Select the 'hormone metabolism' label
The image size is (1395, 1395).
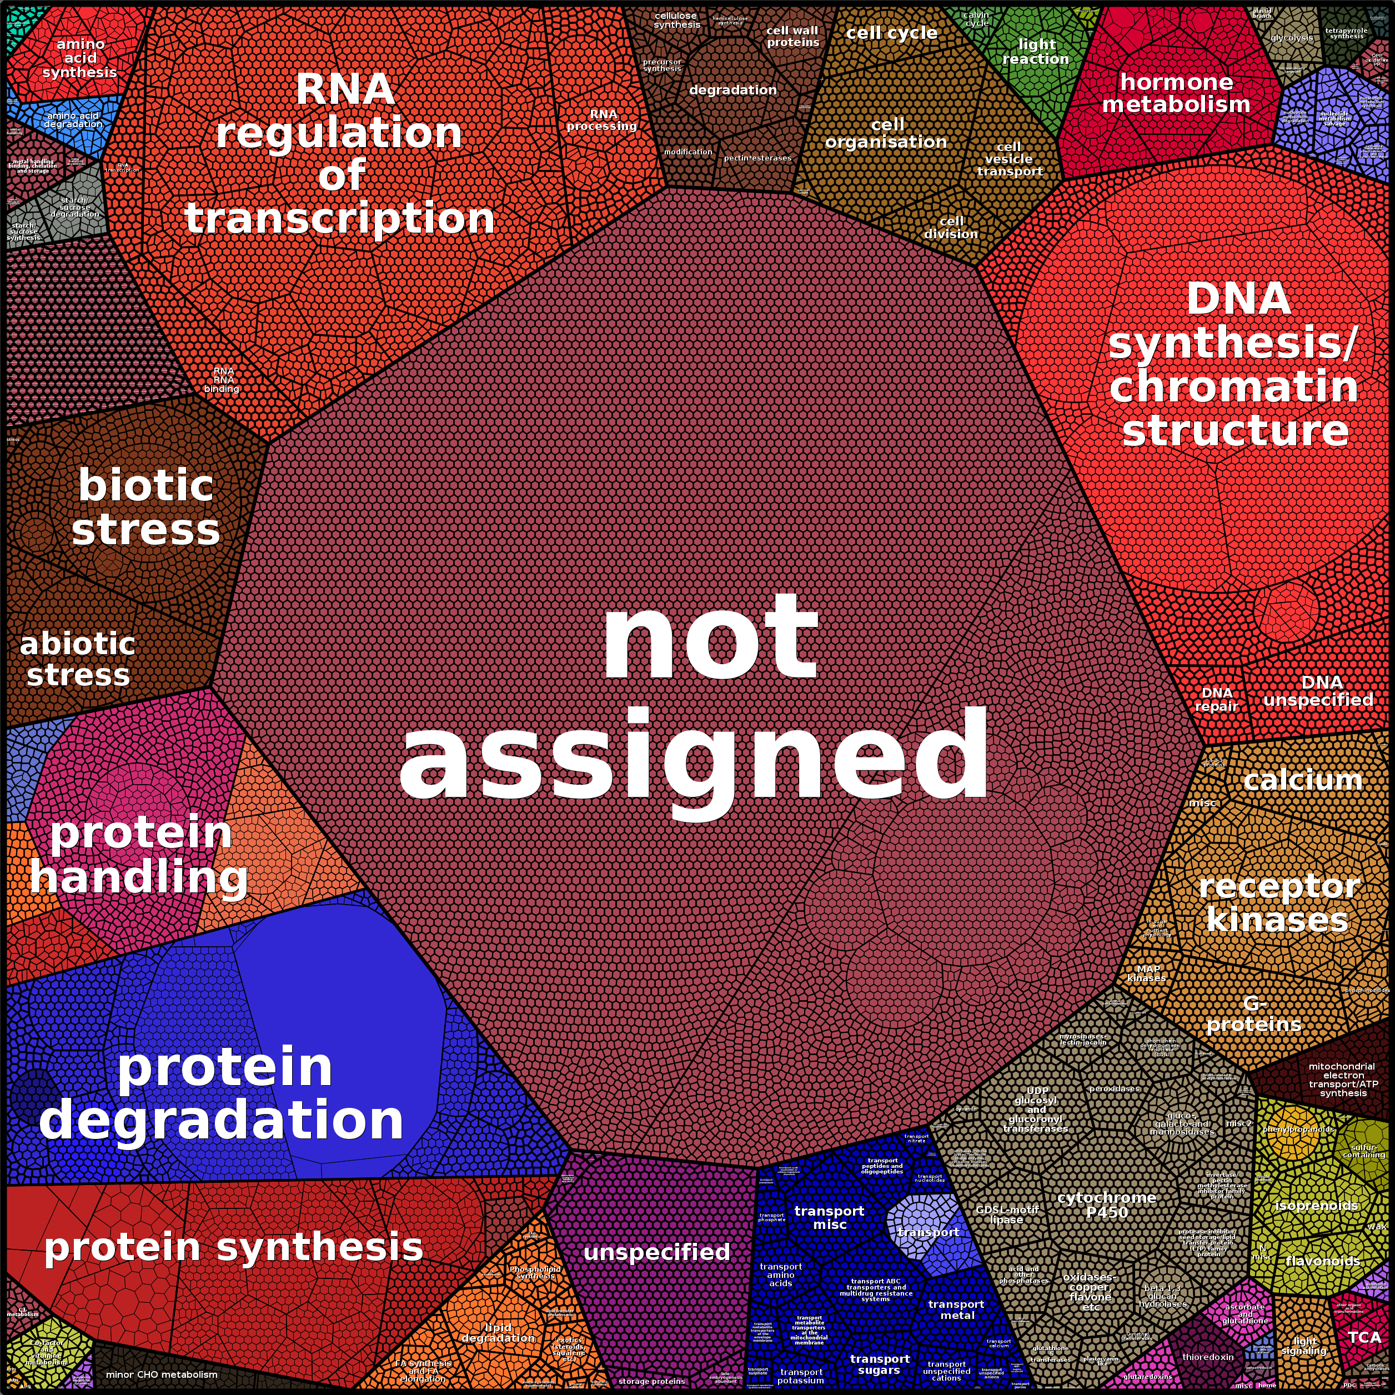click(x=1176, y=93)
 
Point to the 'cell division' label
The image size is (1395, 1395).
click(x=951, y=228)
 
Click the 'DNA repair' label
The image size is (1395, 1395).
click(x=1217, y=699)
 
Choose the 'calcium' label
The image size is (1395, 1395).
click(x=1303, y=780)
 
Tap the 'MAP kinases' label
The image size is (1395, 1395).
click(x=1147, y=974)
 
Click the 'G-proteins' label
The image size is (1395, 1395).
click(x=1254, y=1013)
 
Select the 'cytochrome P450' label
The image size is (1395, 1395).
click(x=1106, y=1205)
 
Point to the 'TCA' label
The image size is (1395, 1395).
click(x=1364, y=1337)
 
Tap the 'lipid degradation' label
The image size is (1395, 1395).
click(x=498, y=1333)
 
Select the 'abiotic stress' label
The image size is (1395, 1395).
click(x=77, y=659)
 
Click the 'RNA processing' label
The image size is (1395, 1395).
click(x=602, y=120)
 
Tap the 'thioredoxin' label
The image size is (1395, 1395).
click(x=1208, y=1357)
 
